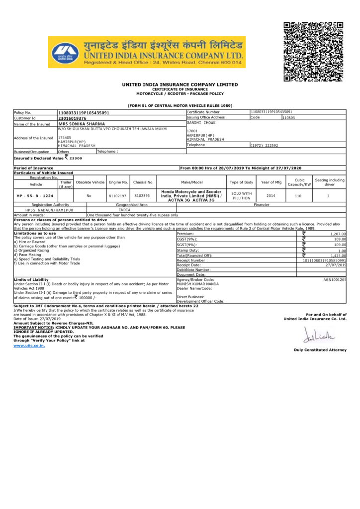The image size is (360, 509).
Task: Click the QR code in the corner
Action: pos(313,52)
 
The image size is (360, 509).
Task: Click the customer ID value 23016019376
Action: pos(73,118)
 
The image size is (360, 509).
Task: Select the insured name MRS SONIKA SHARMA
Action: pos(82,124)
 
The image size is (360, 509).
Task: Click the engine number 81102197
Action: pos(118,196)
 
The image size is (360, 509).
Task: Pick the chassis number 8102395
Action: pos(143,196)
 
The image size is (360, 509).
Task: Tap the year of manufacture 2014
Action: pos(271,195)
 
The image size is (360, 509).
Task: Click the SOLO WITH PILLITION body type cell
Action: pos(242,195)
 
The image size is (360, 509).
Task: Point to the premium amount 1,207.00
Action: pos(338,233)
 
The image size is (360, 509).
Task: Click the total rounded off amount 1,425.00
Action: pos(338,255)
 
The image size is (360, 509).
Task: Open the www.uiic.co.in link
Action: pos(29,345)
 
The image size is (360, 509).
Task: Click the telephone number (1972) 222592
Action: pos(264,145)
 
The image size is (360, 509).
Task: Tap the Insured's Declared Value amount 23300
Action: pos(76,158)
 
